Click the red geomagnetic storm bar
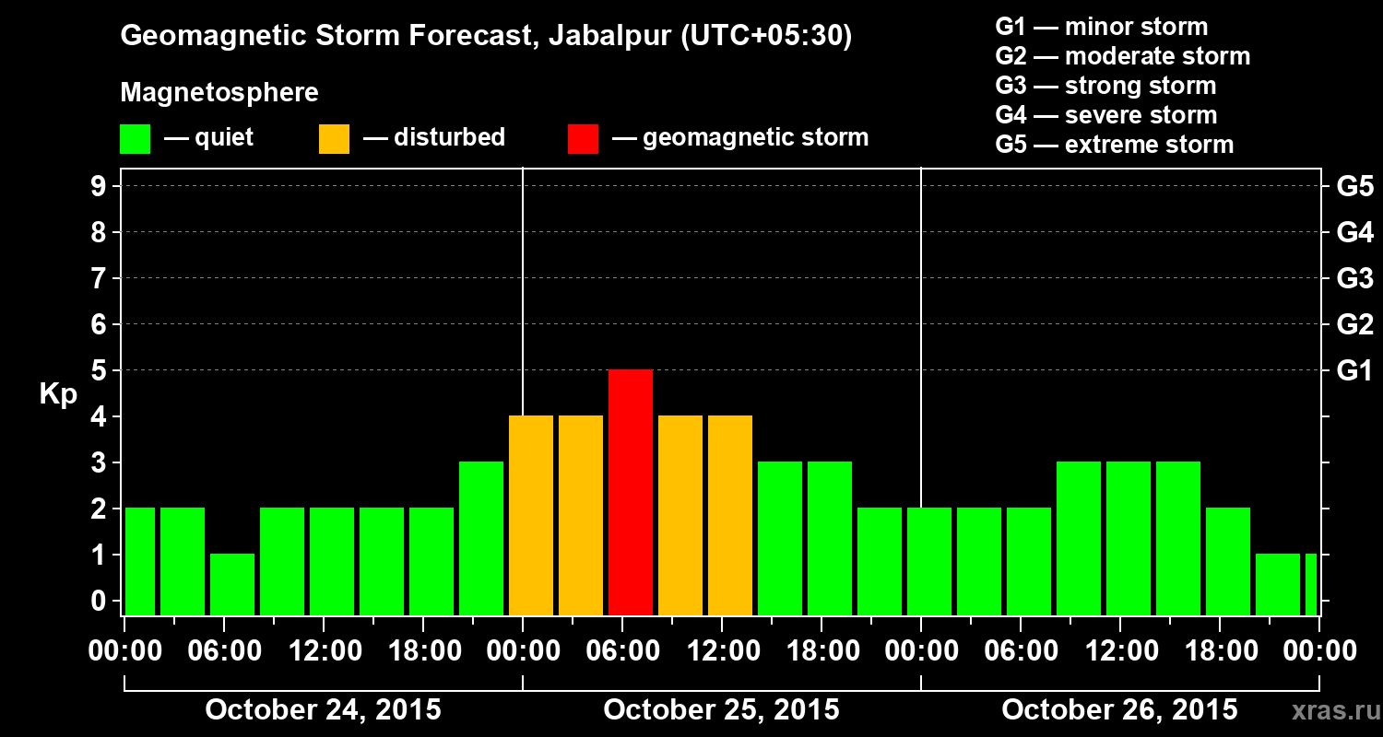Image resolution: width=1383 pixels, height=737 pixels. tap(631, 492)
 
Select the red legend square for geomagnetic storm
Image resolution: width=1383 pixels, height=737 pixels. tap(583, 139)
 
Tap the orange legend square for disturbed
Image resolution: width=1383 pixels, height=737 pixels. tap(334, 139)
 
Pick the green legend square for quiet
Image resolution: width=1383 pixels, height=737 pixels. tap(135, 139)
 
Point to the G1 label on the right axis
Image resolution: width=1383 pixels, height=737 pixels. tap(1354, 371)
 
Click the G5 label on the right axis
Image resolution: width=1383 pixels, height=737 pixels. tap(1354, 187)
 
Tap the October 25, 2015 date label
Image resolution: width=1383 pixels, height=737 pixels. tap(721, 710)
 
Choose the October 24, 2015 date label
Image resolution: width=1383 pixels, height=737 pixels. tap(323, 710)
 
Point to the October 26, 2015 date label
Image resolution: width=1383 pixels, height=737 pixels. tap(1119, 710)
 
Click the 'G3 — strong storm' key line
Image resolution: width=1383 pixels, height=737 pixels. tap(1105, 86)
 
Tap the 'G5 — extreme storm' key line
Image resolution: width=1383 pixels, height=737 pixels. tap(1114, 145)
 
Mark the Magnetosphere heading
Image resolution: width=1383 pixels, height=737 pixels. tap(219, 93)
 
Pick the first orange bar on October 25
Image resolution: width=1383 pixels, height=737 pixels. tap(531, 515)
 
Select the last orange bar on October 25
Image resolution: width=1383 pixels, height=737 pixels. tap(730, 515)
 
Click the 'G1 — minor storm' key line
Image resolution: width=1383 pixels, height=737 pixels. tap(1101, 27)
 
